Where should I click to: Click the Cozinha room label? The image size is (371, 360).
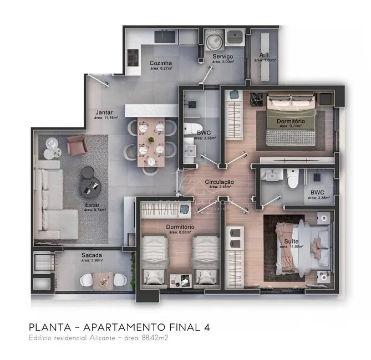[161, 63]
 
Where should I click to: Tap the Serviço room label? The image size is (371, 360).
[222, 56]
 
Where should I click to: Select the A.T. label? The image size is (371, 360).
[265, 55]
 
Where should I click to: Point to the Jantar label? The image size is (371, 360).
[104, 111]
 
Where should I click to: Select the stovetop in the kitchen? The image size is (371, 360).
[133, 56]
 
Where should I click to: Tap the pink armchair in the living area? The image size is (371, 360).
[77, 146]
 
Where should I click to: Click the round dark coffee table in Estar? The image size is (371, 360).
[89, 182]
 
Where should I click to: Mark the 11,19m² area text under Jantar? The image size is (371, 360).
[106, 117]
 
